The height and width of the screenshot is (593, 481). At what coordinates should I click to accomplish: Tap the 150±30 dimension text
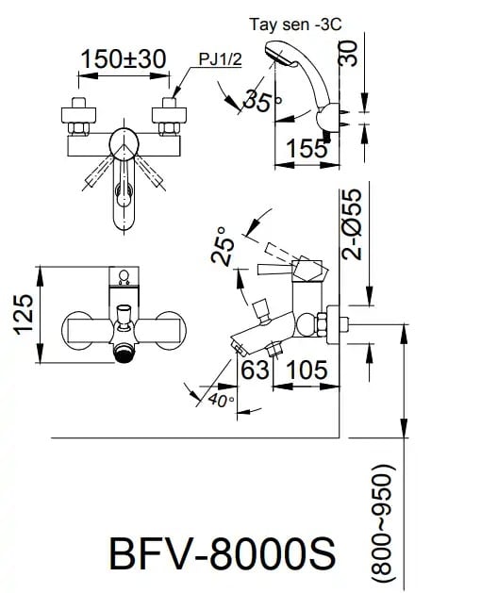123,58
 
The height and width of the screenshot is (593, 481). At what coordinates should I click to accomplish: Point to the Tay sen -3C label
296,25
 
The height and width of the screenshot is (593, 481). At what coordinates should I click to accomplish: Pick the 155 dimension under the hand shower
307,147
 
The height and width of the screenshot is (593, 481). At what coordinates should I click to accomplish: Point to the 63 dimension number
255,370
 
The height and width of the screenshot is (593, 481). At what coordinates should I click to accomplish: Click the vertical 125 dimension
25,313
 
